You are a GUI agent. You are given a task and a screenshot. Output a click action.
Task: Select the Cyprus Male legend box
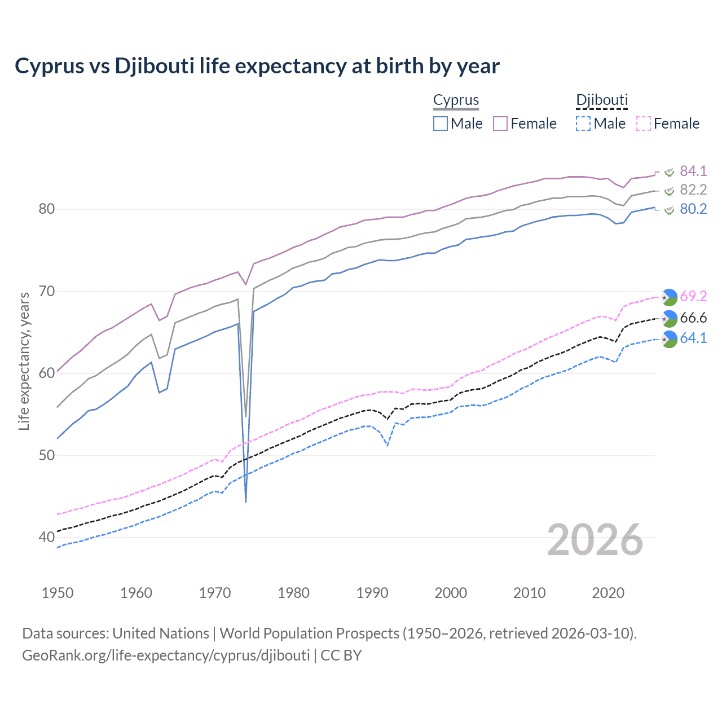point(441,124)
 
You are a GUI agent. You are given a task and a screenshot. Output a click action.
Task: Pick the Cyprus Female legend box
point(500,124)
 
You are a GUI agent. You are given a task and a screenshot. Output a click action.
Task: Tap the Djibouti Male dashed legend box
point(583,124)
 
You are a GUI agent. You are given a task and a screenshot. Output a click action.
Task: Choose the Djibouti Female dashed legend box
point(644,124)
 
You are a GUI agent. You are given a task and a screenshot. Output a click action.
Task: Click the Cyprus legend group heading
point(456,100)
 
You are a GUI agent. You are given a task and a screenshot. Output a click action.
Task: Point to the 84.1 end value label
point(693,171)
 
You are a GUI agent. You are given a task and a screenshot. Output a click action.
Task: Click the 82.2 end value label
point(693,190)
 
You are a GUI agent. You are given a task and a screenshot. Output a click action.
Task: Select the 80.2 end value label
point(693,209)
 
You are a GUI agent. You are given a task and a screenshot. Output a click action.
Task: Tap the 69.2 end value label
point(693,296)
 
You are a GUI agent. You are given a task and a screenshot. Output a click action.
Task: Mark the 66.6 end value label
point(693,318)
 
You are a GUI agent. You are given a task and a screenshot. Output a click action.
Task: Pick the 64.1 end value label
point(693,338)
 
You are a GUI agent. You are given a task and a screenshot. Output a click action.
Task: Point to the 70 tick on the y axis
point(46,291)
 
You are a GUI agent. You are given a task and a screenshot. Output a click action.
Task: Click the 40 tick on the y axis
point(46,537)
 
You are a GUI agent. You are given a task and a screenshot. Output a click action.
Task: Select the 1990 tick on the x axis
point(372,593)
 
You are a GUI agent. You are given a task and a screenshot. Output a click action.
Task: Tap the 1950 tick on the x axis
point(58,593)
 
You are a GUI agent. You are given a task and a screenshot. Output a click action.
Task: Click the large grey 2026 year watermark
point(595,540)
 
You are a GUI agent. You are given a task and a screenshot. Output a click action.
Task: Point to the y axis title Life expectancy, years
point(24,361)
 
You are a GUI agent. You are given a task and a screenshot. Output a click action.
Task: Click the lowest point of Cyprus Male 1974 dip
point(246,501)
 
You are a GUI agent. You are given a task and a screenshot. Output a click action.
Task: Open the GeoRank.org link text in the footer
point(166,655)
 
